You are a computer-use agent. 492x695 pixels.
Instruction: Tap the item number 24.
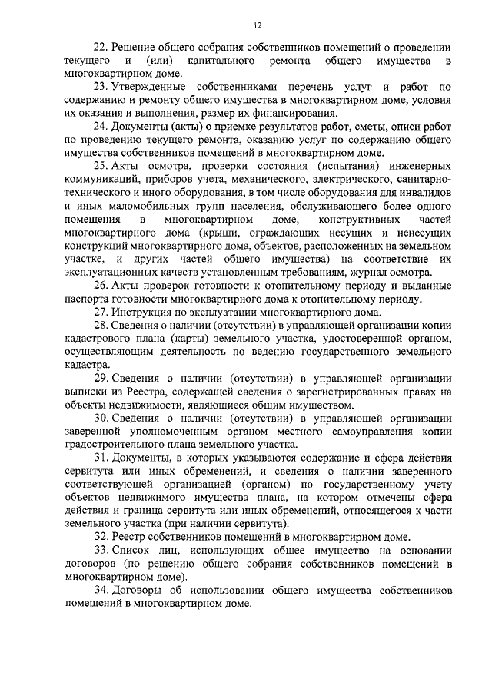coord(101,127)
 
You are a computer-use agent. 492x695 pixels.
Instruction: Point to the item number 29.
coord(101,376)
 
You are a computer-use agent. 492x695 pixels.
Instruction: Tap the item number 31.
coord(101,457)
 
